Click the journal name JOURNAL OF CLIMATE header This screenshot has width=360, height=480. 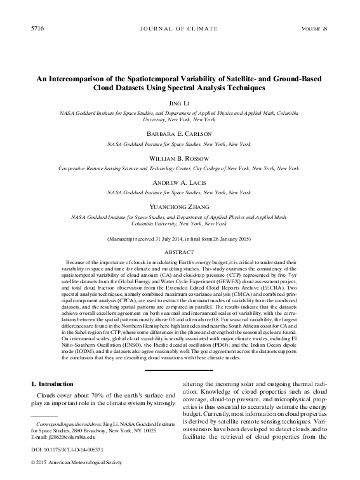tap(180, 30)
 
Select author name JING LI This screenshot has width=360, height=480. tap(180, 103)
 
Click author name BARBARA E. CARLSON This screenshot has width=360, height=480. tap(180, 134)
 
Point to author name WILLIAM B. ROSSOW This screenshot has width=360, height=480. tap(180, 158)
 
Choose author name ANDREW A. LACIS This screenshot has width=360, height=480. tap(180, 182)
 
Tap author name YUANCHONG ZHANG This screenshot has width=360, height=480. tap(180, 206)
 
